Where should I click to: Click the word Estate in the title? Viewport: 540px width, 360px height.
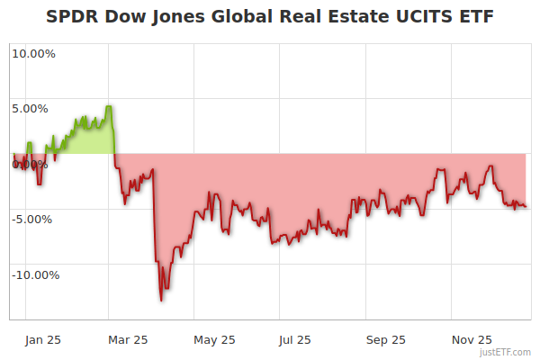tap(357, 17)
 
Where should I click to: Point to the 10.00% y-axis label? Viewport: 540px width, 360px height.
tap(33, 53)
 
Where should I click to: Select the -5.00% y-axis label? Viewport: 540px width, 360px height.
tap(33, 219)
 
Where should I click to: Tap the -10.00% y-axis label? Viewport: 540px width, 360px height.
tap(35, 275)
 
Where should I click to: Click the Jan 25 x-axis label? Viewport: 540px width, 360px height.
tap(42, 340)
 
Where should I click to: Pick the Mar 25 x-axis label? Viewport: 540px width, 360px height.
tap(127, 340)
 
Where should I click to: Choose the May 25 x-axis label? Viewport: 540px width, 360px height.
tap(214, 340)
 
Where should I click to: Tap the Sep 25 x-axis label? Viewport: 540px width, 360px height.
tap(385, 340)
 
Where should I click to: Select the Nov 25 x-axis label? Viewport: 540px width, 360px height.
tap(471, 340)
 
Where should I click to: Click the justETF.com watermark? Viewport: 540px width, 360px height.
tap(506, 352)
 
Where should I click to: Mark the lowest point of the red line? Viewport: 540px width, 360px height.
tap(161, 300)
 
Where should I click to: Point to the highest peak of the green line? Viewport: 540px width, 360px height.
tap(109, 106)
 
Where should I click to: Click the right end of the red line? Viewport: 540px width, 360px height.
tap(526, 207)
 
